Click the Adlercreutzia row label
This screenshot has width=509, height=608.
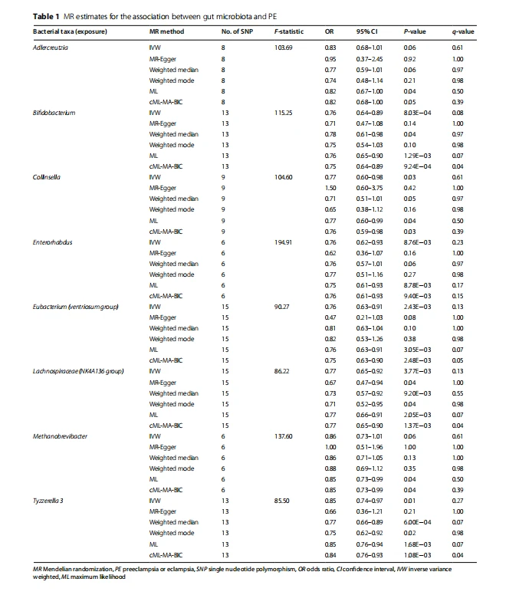click(49, 48)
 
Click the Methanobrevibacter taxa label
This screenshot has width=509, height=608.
click(60, 435)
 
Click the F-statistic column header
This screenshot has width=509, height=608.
click(288, 32)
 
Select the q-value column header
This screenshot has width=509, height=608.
click(459, 32)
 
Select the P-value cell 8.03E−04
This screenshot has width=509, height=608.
click(417, 113)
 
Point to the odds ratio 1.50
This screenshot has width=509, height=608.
click(330, 188)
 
